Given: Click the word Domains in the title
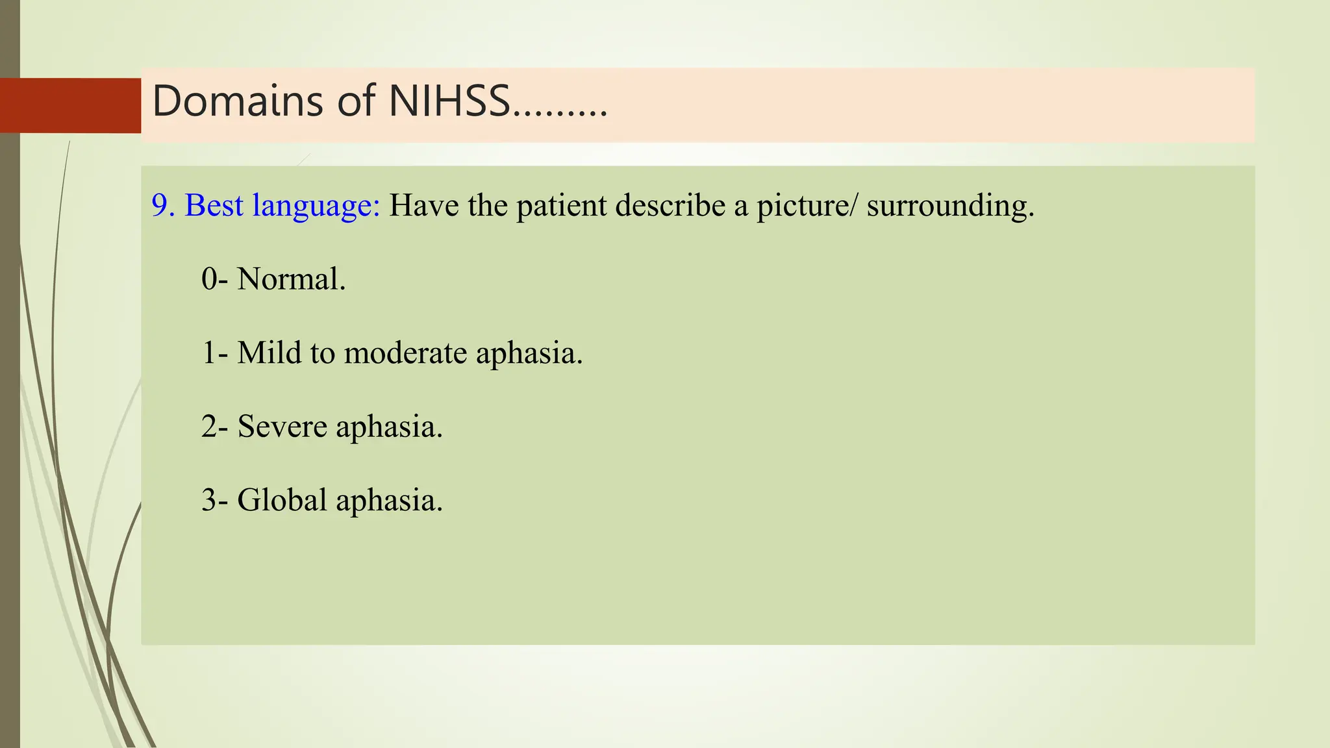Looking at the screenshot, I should [237, 102].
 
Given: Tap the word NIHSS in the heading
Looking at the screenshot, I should [449, 102].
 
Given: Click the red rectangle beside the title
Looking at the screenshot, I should [70, 105].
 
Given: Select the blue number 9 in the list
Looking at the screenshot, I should [160, 206].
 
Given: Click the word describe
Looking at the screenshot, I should [670, 206].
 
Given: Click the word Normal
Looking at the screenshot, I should [291, 280].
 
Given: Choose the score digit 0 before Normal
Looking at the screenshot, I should [209, 280].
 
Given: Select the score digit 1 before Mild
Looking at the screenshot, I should [209, 353].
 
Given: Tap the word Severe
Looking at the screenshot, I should [282, 427].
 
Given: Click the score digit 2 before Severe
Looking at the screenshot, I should [209, 427].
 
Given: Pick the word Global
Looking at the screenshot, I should [282, 501].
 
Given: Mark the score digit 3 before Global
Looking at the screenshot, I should [209, 501].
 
